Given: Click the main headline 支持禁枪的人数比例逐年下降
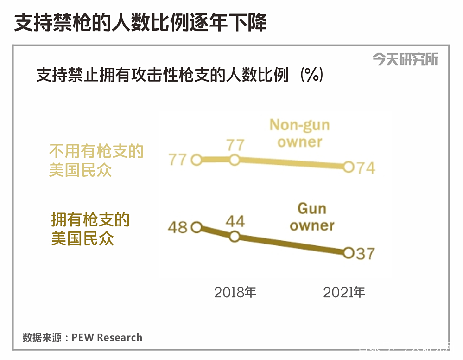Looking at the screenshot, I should (140, 23).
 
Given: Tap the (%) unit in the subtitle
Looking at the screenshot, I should (311, 75).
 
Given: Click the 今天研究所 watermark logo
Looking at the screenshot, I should (405, 59).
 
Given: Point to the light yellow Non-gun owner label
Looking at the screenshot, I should (299, 133).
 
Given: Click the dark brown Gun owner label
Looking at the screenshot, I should (312, 217).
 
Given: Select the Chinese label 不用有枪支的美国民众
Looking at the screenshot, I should (96, 161).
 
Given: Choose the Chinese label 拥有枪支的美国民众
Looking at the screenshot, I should (90, 229).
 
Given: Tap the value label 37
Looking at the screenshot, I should (365, 254).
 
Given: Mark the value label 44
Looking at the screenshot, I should (235, 221).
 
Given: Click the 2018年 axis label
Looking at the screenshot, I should (235, 292).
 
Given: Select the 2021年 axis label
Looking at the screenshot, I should (344, 292).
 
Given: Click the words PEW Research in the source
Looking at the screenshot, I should (107, 337).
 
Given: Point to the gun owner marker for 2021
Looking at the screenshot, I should (349, 253).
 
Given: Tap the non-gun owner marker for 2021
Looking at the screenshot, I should (349, 167).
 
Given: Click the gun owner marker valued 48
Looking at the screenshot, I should (196, 227).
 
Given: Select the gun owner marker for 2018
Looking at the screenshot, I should (235, 237).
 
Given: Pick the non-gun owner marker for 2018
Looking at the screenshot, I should (235, 160).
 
